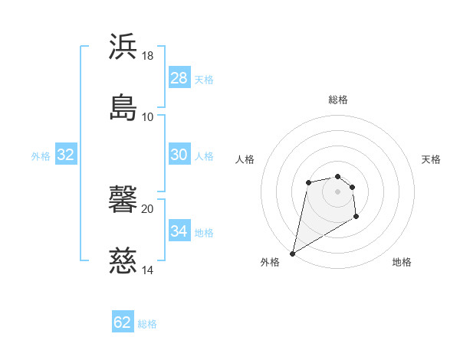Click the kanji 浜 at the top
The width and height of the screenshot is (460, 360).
[123, 47]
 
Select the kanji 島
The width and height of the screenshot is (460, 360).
[123, 107]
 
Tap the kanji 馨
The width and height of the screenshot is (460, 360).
[123, 200]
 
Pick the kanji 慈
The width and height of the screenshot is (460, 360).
[123, 261]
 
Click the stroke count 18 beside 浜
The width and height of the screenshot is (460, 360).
[148, 56]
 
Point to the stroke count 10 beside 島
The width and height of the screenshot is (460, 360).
[148, 117]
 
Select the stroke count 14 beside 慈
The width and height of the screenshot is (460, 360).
[148, 270]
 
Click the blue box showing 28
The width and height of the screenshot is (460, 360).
[179, 78]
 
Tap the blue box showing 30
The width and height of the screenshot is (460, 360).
[179, 155]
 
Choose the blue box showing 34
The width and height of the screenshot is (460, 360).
[179, 231]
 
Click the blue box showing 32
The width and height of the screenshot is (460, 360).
[66, 155]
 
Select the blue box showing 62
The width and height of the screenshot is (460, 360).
[123, 322]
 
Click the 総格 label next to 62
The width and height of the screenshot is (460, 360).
[148, 324]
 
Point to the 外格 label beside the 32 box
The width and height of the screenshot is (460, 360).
[41, 156]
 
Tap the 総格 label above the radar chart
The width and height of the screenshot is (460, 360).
[338, 100]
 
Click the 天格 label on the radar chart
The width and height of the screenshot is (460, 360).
[431, 159]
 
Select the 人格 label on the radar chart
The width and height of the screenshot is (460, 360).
[245, 159]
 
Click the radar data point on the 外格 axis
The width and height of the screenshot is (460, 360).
[292, 253]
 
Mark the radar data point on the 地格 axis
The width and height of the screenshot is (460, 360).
[356, 218]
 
